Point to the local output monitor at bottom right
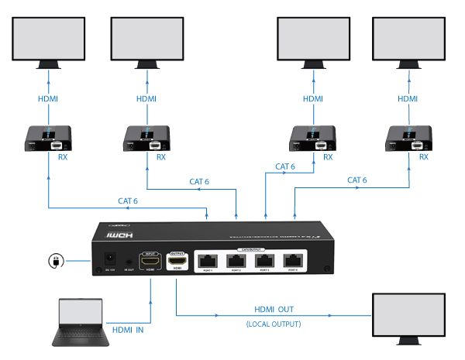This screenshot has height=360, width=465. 411,318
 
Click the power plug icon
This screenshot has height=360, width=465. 55,260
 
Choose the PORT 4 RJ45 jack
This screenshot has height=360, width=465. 291,261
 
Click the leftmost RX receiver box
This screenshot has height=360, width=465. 48,139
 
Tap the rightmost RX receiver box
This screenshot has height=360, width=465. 408,139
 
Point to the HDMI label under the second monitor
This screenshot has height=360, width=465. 147,99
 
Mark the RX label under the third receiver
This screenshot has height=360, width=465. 328,157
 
